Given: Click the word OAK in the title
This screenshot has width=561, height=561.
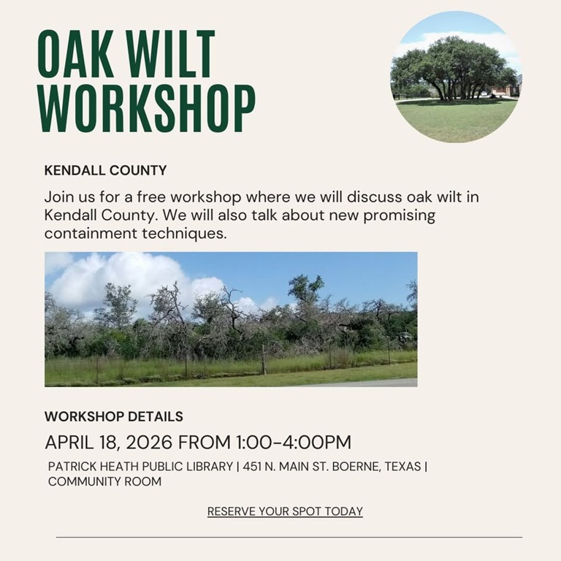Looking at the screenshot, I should (x=75, y=55).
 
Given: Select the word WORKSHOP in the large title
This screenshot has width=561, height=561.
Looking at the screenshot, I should (x=146, y=109).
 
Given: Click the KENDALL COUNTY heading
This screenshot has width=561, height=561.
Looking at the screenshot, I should (x=105, y=171).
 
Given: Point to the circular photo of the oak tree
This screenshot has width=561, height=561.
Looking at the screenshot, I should (x=456, y=77).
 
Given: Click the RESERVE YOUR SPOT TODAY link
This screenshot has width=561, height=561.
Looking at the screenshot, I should (x=285, y=511).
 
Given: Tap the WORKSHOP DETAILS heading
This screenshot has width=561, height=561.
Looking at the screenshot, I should (x=113, y=417).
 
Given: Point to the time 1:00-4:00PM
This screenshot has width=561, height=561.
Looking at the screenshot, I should (x=293, y=443).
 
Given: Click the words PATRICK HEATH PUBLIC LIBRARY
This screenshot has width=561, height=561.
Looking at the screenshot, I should (x=140, y=466).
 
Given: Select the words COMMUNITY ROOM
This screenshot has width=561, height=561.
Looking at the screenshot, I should (x=104, y=482).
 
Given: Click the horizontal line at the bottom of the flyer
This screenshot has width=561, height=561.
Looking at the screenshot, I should (x=289, y=537).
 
